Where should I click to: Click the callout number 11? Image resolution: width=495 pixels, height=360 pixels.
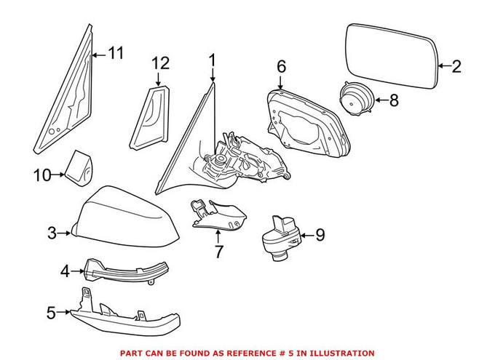(x=116, y=52)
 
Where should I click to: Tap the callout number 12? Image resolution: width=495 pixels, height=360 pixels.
(x=160, y=63)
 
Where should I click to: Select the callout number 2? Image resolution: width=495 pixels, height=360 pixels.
(x=456, y=67)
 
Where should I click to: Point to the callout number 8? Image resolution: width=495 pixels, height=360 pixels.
(x=394, y=100)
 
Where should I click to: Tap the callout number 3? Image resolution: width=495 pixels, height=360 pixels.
(x=52, y=233)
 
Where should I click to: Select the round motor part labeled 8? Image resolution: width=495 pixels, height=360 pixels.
(x=356, y=97)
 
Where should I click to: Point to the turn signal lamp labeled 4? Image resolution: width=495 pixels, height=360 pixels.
(x=116, y=272)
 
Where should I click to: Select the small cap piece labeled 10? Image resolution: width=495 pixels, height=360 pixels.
(x=79, y=167)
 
